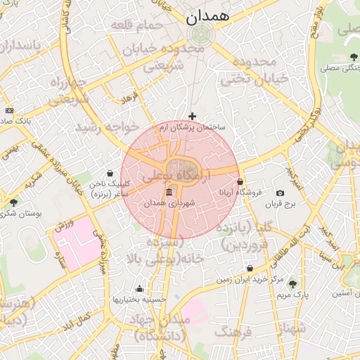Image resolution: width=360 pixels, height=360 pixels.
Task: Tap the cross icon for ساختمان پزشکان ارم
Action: coord(193,116)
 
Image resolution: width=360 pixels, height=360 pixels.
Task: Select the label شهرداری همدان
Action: coord(169,203)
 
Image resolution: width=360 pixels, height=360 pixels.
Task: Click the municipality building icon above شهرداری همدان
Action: coord(169,192)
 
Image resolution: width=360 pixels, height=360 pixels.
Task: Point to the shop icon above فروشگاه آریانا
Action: coord(240,181)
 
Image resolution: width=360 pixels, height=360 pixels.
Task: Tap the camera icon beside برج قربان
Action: coord(281,193)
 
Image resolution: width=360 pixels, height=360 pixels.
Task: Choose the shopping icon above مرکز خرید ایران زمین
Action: coord(250,268)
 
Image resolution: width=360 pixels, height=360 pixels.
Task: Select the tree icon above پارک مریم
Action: coord(292,284)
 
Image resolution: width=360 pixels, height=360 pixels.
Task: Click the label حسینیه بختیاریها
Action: coord(140,299)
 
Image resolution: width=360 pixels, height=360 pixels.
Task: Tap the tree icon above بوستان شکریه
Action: coord(14,202)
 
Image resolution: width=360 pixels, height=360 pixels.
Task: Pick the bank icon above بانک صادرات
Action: coord(8,110)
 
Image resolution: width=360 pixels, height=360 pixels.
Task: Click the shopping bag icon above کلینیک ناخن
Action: coord(110,173)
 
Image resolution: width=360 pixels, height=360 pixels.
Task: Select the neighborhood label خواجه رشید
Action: coord(110,127)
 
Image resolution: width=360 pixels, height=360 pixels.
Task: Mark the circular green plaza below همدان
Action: coord(201,34)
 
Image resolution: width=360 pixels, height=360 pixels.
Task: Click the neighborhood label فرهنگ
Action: coord(231,331)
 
